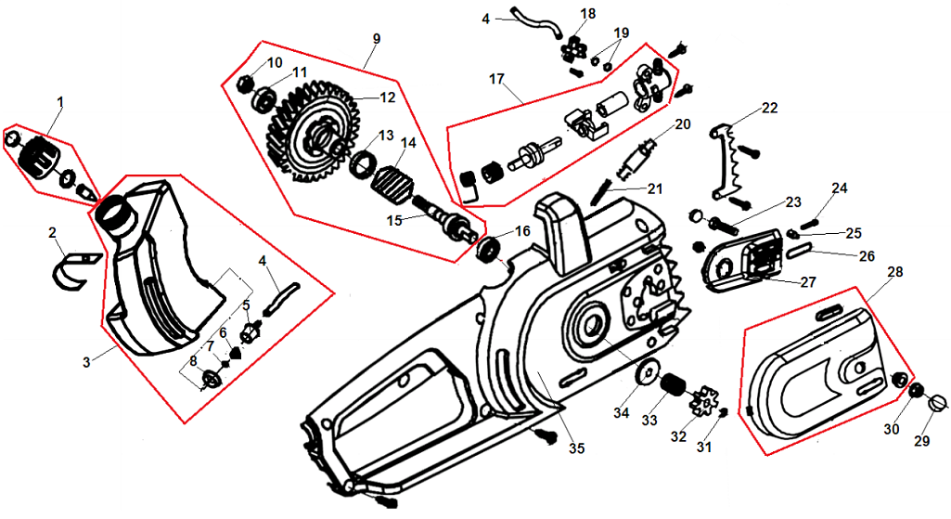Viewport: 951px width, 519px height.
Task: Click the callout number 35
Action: click(577, 448)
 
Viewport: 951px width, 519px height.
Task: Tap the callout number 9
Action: click(376, 39)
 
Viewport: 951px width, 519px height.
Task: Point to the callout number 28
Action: click(894, 272)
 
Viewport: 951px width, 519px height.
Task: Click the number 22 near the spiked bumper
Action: click(769, 108)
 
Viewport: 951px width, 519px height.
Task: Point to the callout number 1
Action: click(60, 99)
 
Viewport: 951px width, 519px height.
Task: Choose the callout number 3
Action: click(85, 360)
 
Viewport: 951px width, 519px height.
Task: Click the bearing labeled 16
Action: click(490, 249)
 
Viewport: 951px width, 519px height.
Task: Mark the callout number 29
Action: click(920, 441)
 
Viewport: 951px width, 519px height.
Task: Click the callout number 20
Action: click(683, 123)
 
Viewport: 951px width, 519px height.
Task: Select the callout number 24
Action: click(840, 188)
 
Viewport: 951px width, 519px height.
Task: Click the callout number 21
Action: click(656, 188)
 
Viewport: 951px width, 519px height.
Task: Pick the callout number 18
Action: click(588, 13)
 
